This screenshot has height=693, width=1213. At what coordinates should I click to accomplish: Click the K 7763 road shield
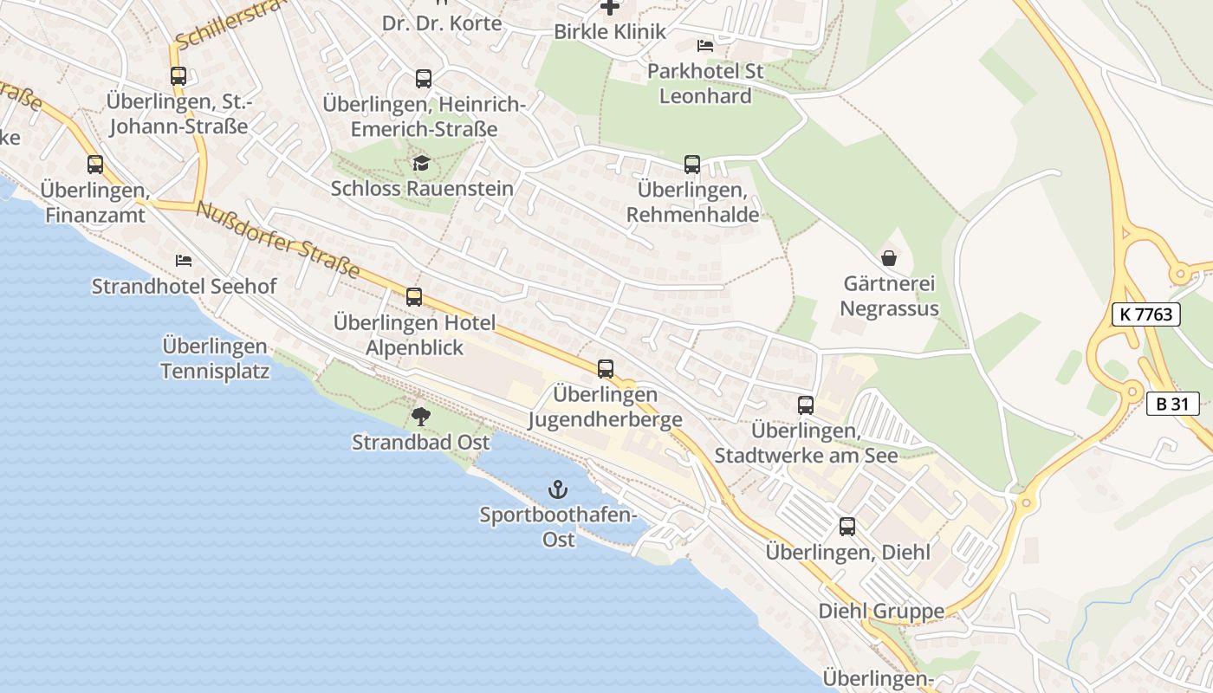(x=1146, y=314)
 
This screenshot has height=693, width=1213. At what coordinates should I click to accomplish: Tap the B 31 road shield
(x=1172, y=403)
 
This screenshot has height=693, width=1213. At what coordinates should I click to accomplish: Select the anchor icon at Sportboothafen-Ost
(x=558, y=490)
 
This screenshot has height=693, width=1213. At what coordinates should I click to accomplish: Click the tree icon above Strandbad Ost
(x=420, y=417)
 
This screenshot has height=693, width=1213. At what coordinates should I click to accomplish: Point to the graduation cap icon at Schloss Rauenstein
(x=421, y=163)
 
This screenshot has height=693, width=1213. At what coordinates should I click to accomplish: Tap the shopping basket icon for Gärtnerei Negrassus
(x=889, y=257)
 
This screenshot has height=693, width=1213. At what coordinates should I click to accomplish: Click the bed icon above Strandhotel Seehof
(x=184, y=260)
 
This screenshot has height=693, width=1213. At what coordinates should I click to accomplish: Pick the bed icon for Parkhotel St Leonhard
(x=705, y=45)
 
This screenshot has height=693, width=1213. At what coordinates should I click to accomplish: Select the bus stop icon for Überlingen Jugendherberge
(x=606, y=369)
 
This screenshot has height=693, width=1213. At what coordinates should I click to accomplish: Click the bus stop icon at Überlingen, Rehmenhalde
(x=691, y=165)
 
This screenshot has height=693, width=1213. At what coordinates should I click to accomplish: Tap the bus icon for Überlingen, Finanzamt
(x=95, y=165)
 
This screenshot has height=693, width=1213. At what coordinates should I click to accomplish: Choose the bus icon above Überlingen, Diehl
(x=847, y=527)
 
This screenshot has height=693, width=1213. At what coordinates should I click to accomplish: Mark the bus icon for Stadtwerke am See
(x=806, y=405)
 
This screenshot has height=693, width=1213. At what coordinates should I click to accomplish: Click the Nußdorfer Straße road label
(x=277, y=240)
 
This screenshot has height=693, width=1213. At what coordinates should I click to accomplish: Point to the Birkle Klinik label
(x=610, y=32)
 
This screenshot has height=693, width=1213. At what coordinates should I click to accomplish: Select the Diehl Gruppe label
(x=881, y=612)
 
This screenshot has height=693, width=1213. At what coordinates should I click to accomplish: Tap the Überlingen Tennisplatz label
(x=215, y=359)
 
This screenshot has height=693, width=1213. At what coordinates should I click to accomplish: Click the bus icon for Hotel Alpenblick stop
(x=414, y=297)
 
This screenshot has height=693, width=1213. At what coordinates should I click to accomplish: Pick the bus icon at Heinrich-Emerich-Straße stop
(x=423, y=79)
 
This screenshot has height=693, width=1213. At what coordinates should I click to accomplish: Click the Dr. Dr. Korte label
(x=442, y=23)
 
